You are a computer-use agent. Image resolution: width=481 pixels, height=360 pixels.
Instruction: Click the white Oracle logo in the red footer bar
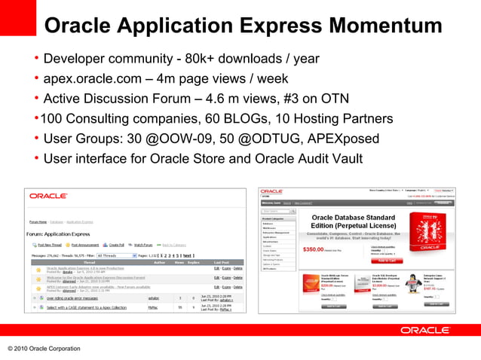tap(425, 330)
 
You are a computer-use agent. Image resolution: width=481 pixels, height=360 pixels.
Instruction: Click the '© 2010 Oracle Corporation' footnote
tap(44, 349)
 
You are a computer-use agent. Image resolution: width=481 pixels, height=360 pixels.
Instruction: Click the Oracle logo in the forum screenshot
tap(48, 196)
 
